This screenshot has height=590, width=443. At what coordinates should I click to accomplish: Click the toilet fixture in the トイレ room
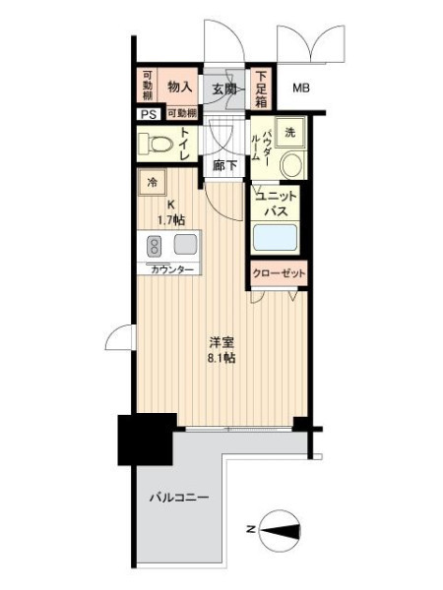click(156, 143)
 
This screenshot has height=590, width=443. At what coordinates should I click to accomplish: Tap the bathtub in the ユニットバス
click(274, 237)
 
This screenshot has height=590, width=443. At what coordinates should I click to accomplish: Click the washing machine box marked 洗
click(289, 132)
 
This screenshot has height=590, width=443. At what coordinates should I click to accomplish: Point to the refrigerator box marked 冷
click(153, 182)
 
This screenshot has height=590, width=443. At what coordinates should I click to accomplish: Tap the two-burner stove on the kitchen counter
click(154, 245)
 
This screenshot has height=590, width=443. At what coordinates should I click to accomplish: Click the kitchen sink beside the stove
click(185, 244)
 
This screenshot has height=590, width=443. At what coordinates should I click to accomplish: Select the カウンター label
click(172, 269)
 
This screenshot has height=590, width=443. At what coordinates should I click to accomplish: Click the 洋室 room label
click(221, 343)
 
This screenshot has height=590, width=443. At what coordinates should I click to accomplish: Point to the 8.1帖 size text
click(221, 358)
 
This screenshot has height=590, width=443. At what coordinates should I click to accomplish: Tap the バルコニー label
click(179, 498)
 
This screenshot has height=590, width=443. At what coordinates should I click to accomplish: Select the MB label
click(301, 88)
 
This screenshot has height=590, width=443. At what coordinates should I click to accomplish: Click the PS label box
click(149, 114)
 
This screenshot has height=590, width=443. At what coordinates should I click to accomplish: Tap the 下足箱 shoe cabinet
click(261, 89)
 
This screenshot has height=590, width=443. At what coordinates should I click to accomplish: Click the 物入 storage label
click(180, 88)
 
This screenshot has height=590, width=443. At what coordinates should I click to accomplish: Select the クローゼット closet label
click(279, 273)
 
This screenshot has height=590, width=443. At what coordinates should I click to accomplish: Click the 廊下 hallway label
click(224, 165)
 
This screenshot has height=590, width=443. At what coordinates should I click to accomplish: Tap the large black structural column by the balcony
click(146, 440)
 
